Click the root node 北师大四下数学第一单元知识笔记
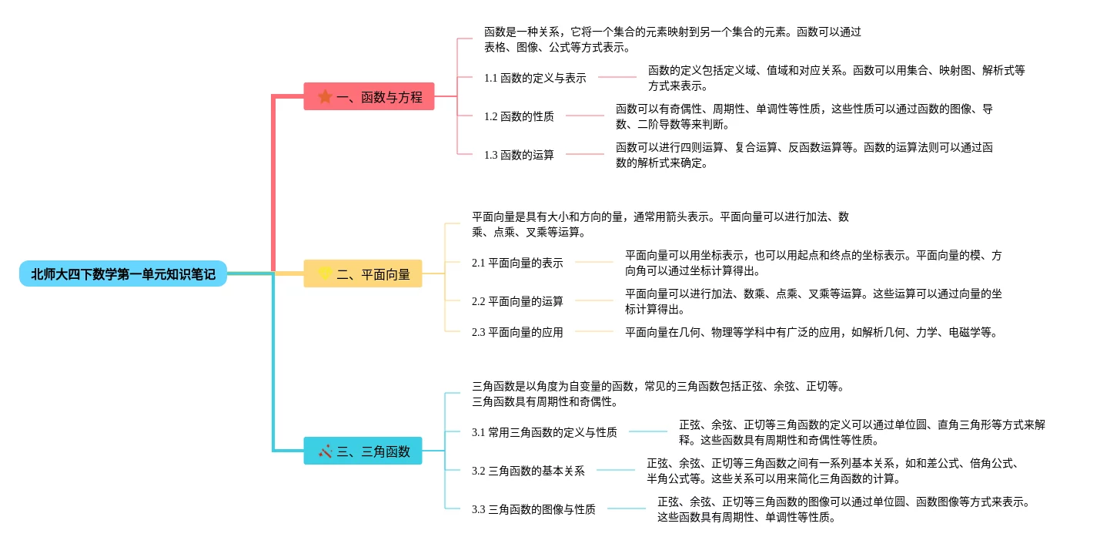123,273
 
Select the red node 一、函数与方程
369,96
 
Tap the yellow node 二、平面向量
363,273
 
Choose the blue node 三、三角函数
363,451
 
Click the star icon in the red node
326,96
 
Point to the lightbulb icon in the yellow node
325,273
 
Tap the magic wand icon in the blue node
325,451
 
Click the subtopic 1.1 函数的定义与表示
535,78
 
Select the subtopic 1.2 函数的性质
519,116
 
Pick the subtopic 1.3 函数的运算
519,155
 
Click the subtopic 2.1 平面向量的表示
517,263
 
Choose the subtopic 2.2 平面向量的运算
517,301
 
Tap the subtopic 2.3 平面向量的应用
517,332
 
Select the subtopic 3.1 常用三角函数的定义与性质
544,432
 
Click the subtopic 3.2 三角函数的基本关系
528,471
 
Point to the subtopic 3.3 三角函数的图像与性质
533,509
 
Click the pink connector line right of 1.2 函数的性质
585,116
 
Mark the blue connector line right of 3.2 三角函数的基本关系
616,470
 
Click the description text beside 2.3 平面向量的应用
811,332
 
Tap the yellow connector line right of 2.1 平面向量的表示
594,262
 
